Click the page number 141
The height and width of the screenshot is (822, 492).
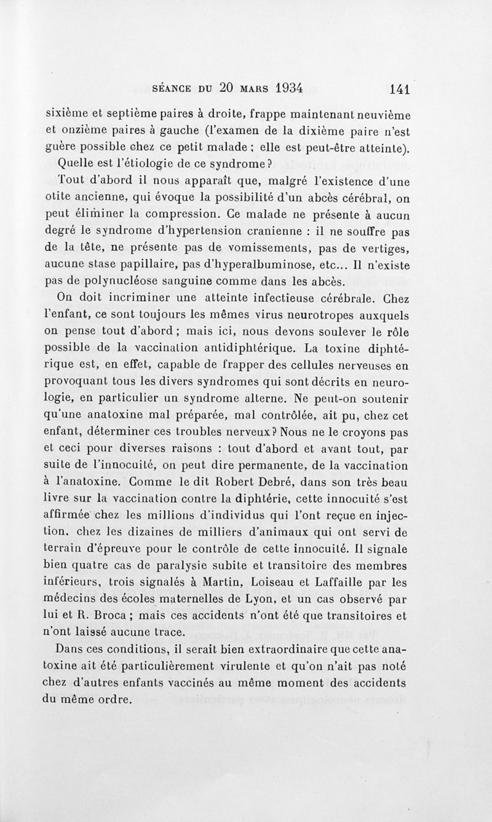400,89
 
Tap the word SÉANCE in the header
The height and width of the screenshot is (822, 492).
170,88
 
